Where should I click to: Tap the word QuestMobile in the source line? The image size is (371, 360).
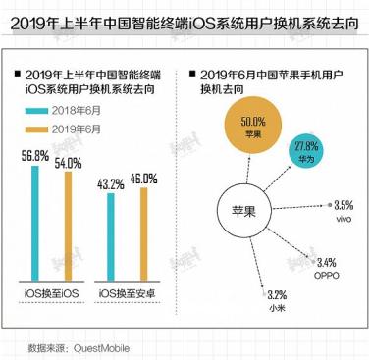(102, 346)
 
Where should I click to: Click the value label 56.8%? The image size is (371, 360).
(35, 154)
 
